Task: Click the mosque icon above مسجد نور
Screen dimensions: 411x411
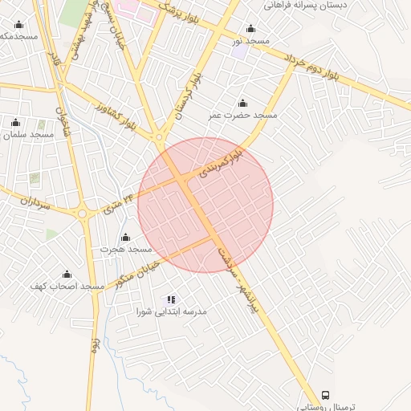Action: point(250,29)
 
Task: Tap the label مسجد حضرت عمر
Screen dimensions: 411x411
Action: point(242,116)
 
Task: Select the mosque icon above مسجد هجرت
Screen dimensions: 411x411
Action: point(125,238)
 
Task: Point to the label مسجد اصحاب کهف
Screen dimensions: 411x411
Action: point(67,287)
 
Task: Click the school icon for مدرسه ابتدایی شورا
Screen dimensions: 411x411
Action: point(171,299)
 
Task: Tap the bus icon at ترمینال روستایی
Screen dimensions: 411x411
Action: point(326,396)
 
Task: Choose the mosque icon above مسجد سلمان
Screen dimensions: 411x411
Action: point(15,122)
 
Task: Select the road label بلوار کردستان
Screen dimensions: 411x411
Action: point(189,92)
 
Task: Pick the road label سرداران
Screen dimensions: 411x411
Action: point(32,205)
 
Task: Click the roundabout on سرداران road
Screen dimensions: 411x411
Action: point(83,214)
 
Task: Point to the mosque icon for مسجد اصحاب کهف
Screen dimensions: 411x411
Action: point(67,275)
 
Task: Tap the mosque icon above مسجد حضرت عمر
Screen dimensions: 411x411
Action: point(242,103)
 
